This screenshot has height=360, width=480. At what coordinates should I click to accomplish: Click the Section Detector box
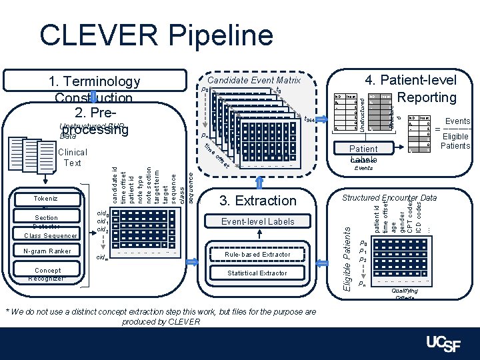[46, 219]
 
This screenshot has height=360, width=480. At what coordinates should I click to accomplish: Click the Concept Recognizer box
[46, 273]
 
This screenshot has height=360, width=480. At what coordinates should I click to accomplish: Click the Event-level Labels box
[257, 221]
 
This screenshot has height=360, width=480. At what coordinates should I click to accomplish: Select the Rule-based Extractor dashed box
[257, 254]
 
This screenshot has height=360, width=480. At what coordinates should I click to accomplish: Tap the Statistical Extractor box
[257, 273]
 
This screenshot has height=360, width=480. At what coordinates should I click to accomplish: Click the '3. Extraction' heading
[257, 200]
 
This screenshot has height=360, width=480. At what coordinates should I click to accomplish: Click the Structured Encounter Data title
[389, 198]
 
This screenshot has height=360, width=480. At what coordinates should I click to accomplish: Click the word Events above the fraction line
[457, 121]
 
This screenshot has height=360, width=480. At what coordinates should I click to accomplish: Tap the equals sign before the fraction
[437, 129]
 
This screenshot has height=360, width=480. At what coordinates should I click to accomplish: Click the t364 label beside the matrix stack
[309, 119]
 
